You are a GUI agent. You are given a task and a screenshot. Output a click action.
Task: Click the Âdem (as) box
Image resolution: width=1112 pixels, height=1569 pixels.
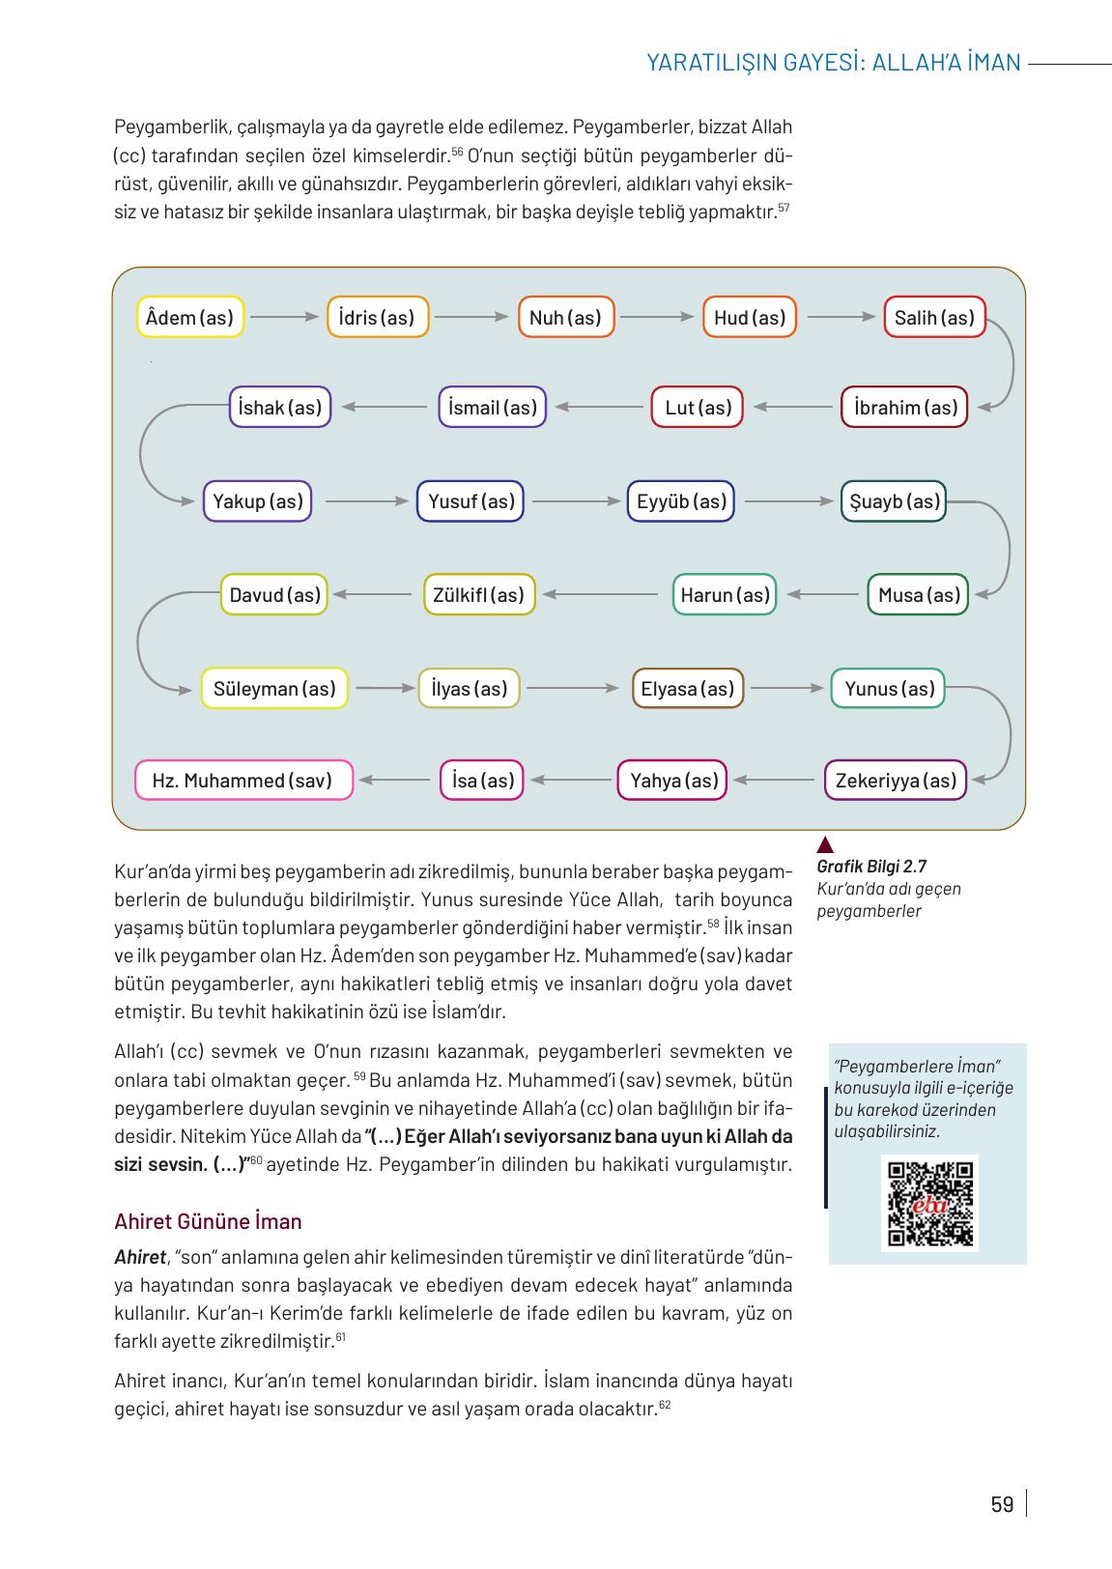(x=190, y=318)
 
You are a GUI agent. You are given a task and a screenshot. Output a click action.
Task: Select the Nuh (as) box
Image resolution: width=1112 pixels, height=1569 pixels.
(x=566, y=318)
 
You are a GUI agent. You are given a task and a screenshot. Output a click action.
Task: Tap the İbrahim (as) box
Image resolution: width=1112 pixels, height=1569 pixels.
(x=905, y=408)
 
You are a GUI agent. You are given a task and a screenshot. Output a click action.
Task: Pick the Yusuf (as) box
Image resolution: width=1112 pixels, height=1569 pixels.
(x=470, y=501)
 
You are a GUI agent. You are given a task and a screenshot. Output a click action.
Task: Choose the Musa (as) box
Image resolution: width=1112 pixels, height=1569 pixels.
(x=918, y=595)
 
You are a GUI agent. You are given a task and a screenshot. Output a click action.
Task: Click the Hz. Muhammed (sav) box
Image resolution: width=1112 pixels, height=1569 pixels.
(x=242, y=781)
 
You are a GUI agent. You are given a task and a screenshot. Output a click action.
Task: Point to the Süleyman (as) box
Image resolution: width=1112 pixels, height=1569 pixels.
(x=274, y=689)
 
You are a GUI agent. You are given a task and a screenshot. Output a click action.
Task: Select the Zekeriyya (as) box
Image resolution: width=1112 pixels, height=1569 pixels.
(x=896, y=781)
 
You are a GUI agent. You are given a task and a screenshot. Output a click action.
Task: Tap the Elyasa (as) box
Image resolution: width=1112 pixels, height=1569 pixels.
(x=687, y=689)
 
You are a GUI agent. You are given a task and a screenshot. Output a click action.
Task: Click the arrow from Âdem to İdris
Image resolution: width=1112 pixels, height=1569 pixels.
(x=284, y=317)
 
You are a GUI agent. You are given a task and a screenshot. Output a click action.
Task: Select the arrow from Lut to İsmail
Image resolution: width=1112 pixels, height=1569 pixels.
(x=599, y=407)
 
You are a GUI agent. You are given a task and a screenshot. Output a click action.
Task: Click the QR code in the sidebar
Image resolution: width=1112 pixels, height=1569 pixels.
(x=929, y=1203)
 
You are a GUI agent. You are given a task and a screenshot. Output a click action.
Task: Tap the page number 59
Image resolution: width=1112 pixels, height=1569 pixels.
(x=1002, y=1504)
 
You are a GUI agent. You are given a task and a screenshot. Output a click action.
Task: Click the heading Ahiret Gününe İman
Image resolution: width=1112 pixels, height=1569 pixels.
(x=208, y=1222)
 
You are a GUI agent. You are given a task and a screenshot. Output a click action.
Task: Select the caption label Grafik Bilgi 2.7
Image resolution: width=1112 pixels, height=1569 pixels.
(x=871, y=867)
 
